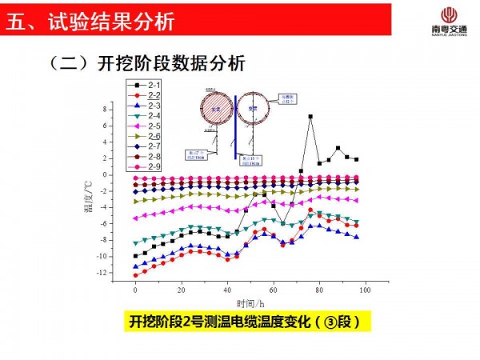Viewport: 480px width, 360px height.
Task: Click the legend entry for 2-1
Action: pos(145,85)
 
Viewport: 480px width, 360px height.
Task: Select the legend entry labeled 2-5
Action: pos(145,126)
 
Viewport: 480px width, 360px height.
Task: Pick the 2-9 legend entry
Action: pos(145,166)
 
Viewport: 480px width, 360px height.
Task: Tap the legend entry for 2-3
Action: pos(145,106)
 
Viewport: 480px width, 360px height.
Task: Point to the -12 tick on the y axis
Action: pos(118,274)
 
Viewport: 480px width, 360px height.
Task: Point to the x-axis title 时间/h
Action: pos(250,303)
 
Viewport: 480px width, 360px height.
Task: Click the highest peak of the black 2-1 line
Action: pos(310,117)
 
